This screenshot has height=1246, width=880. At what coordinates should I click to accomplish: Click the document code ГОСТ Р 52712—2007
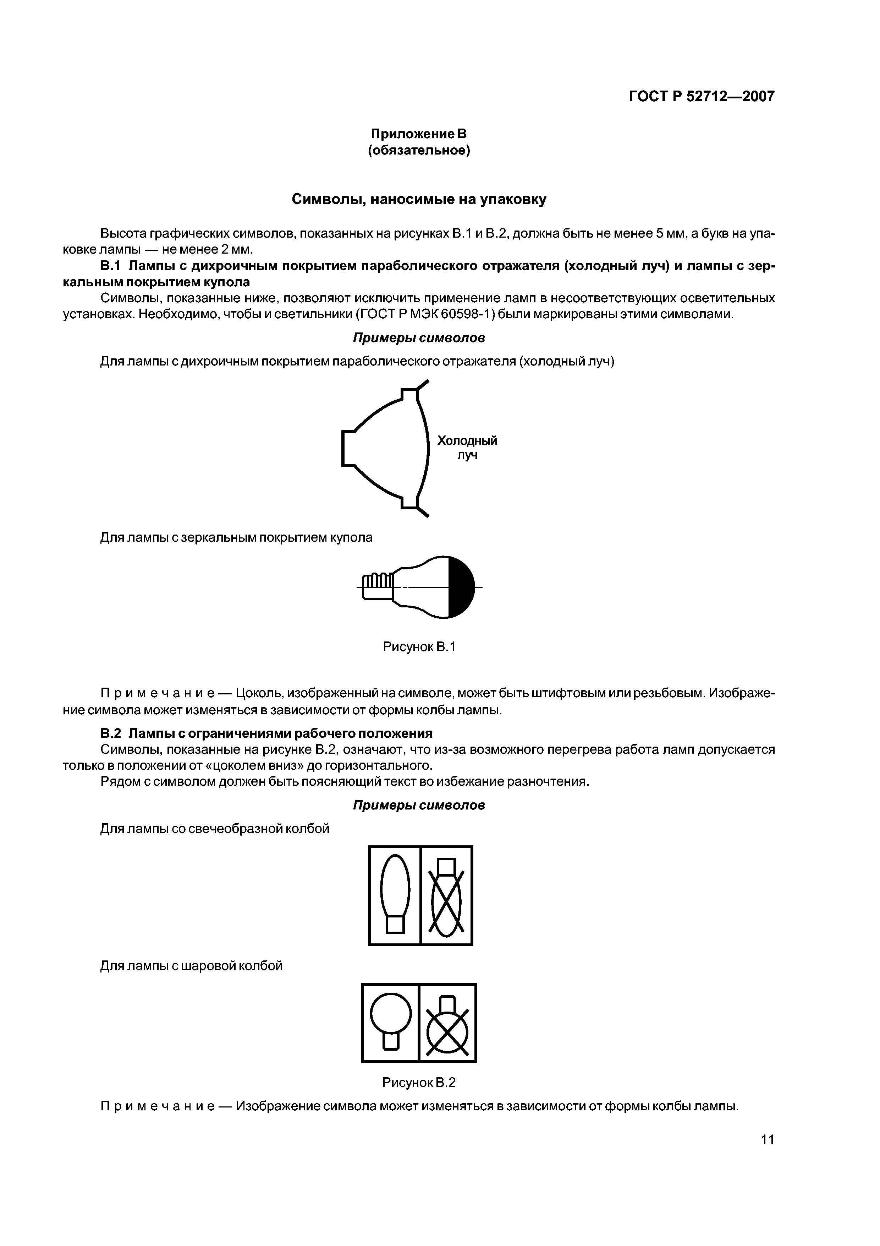[x=701, y=97]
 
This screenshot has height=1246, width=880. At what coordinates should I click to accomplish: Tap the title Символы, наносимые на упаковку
[x=419, y=199]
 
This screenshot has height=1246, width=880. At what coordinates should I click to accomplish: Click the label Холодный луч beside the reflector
[x=467, y=447]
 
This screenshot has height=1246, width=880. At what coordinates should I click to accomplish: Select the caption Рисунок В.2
[x=419, y=1082]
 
